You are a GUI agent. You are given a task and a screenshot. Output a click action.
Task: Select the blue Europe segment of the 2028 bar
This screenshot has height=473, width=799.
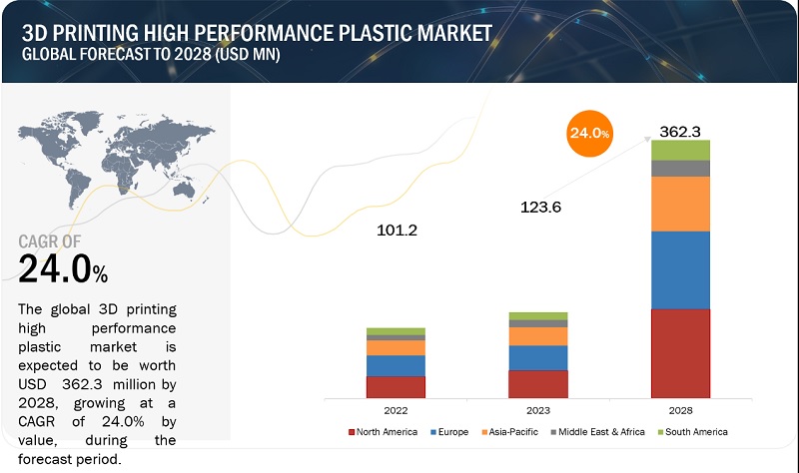(x=680, y=269)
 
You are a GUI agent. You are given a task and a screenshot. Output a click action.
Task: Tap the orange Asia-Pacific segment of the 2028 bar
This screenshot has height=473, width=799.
(x=680, y=204)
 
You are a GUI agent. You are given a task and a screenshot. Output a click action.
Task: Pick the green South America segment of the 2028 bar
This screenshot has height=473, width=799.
(x=680, y=150)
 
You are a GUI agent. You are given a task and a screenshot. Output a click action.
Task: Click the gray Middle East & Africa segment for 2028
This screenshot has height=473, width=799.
(x=680, y=168)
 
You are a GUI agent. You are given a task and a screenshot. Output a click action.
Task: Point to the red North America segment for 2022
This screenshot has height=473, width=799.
(x=396, y=387)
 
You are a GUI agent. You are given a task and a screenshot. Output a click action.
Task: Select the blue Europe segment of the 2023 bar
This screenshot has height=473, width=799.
(x=537, y=358)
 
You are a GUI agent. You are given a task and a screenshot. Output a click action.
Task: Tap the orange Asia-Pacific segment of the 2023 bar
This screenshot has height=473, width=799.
(x=537, y=336)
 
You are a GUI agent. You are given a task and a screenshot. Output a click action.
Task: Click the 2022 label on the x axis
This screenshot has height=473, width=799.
(x=396, y=410)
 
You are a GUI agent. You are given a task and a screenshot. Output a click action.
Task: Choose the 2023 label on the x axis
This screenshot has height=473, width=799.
(x=537, y=410)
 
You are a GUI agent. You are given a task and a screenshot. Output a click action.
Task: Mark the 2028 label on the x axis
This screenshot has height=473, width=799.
(x=680, y=410)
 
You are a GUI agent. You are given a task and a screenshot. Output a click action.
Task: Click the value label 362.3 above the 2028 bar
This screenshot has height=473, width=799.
(x=679, y=130)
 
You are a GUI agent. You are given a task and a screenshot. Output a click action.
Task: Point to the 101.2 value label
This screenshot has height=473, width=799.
(x=396, y=232)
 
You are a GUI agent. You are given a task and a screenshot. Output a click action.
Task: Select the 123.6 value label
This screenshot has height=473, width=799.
(x=541, y=208)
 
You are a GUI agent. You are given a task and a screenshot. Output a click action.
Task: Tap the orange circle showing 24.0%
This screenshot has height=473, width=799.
(x=588, y=132)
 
